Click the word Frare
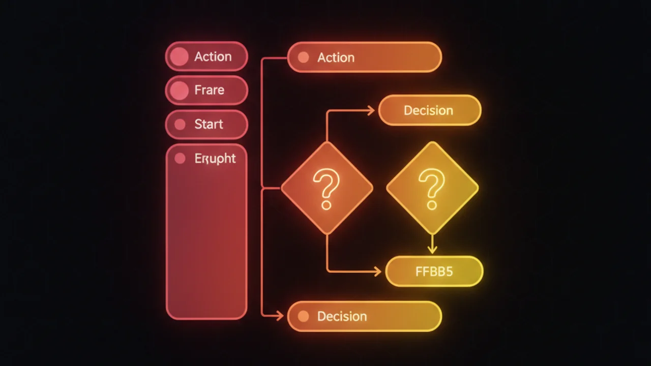coord(209,90)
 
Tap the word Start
coord(209,125)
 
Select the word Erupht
coord(215,159)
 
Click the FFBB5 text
coord(434,271)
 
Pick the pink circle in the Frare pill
coord(179,90)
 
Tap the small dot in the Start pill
coord(180,125)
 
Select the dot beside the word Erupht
coord(180,159)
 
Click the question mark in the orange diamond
coord(326,189)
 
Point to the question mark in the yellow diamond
coord(432,189)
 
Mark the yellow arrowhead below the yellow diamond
coord(432,249)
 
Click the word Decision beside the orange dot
coord(342,316)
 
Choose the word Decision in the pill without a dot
coord(428,110)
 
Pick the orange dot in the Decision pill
coord(303,316)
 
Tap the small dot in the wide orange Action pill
coord(303,57)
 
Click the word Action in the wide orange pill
coord(336,57)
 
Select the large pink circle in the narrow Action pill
coord(179,56)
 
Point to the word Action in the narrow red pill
coord(213,56)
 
